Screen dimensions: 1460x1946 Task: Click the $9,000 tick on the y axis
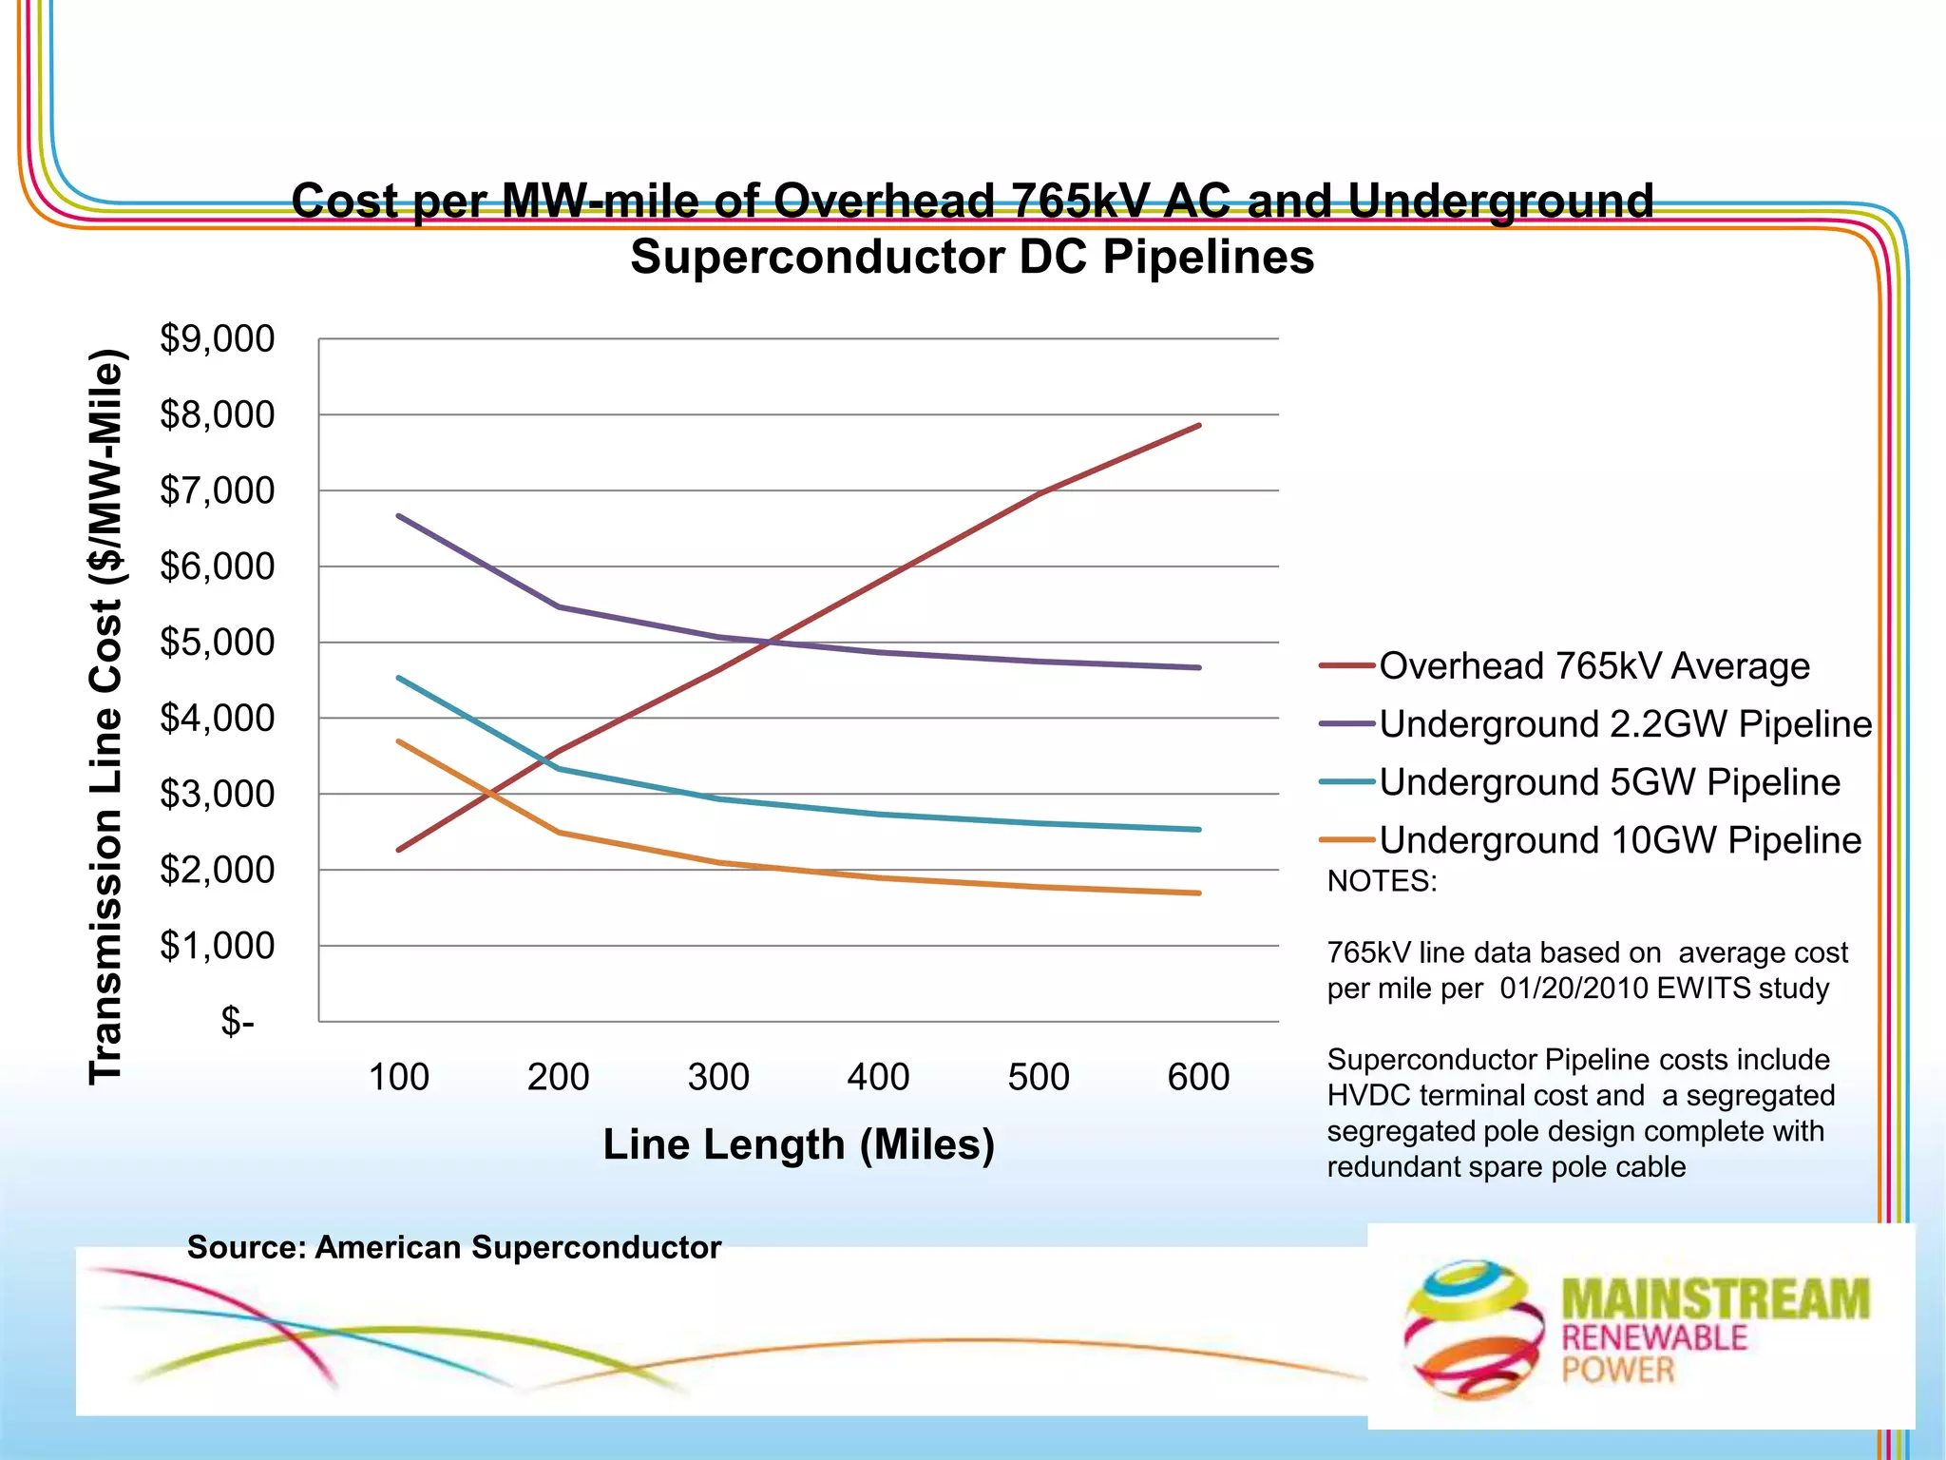217,339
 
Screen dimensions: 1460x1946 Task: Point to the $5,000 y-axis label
217,643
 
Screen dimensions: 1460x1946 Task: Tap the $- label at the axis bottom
237,1022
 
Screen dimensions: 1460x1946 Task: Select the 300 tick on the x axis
718,1077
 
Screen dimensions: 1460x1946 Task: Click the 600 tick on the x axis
1198,1077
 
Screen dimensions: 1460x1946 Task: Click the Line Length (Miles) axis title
798,1144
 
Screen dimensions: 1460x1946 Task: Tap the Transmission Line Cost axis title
106,718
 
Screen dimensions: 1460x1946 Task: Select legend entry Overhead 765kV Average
1593,666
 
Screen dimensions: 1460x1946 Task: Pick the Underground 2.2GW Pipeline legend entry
1625,724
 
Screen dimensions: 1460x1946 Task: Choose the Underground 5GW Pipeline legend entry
1609,782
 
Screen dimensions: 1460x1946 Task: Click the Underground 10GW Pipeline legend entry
1619,840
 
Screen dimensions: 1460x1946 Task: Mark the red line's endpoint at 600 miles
1199,426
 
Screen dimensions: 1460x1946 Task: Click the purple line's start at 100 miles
399,516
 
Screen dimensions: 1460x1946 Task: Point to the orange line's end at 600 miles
1199,893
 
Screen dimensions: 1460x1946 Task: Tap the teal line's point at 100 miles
399,678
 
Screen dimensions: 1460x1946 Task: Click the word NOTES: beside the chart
1382,881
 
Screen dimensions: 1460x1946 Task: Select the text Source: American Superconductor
454,1247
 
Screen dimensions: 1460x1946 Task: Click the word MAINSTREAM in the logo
1715,1298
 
